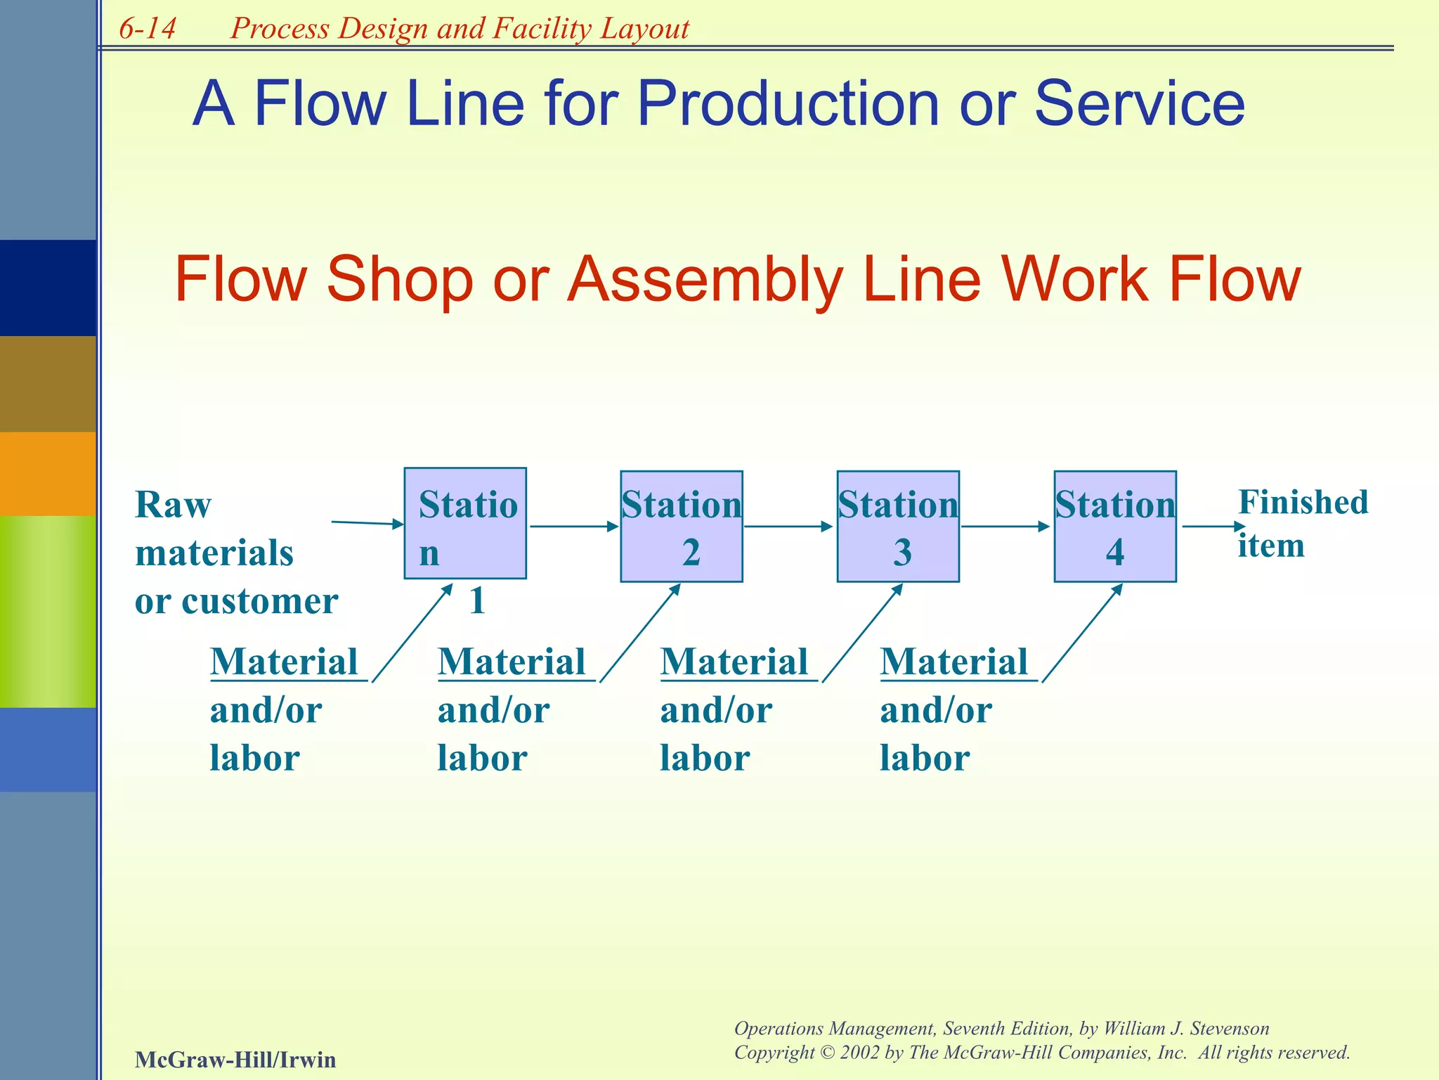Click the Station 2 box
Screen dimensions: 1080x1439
pos(681,527)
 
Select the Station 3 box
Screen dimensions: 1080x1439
pos(897,527)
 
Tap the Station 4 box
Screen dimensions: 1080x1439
pos(1114,527)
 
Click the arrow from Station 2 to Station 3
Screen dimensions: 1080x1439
pos(788,526)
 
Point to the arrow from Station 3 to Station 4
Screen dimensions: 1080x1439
pos(1005,526)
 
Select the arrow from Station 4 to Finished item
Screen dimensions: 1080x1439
pos(1212,526)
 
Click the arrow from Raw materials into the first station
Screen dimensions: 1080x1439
pos(367,523)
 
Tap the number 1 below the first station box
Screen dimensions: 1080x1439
pos(477,601)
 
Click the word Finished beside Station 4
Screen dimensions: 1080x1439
pos(1303,503)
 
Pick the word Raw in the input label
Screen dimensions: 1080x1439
pos(173,505)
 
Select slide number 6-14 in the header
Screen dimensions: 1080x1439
pos(147,29)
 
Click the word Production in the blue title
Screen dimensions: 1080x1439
pos(788,104)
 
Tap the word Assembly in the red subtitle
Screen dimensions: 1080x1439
pos(705,280)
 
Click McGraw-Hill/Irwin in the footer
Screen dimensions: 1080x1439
pos(235,1059)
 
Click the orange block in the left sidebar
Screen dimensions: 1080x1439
pos(48,473)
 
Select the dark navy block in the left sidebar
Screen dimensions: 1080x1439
pos(48,288)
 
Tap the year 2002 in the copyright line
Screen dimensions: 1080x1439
pos(859,1053)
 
